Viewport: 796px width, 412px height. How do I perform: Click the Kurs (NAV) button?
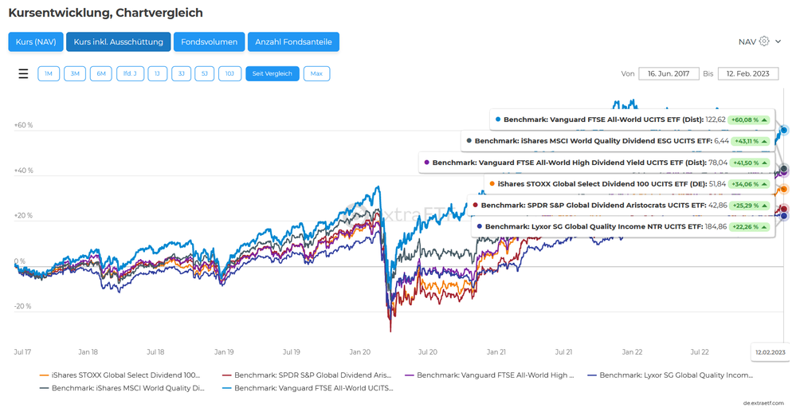pyautogui.click(x=36, y=41)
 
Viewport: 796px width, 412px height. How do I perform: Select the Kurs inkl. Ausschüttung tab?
pyautogui.click(x=118, y=41)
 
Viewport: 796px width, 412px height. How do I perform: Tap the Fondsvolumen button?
pyautogui.click(x=209, y=41)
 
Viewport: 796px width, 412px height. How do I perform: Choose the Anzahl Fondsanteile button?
pyautogui.click(x=294, y=41)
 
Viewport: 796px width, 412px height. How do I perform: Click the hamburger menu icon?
pyautogui.click(x=23, y=73)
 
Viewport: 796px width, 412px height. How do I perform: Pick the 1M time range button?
pyautogui.click(x=49, y=73)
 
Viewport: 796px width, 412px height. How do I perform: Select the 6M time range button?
pyautogui.click(x=101, y=73)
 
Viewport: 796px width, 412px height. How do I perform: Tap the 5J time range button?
pyautogui.click(x=205, y=73)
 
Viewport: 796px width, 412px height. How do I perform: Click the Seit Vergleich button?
pyautogui.click(x=272, y=73)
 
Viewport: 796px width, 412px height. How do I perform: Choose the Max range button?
pyautogui.click(x=316, y=73)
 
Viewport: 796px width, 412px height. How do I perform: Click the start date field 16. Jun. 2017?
pyautogui.click(x=669, y=73)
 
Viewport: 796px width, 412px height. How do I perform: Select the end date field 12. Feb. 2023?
pyautogui.click(x=747, y=73)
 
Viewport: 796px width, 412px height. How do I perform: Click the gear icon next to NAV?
pyautogui.click(x=764, y=41)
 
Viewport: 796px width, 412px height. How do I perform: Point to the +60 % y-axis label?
pyautogui.click(x=23, y=125)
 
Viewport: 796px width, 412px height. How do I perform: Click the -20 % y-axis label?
pyautogui.click(x=23, y=306)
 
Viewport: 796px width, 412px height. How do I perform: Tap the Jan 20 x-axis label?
pyautogui.click(x=360, y=351)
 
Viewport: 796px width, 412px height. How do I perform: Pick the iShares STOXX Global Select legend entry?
pyautogui.click(x=120, y=375)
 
